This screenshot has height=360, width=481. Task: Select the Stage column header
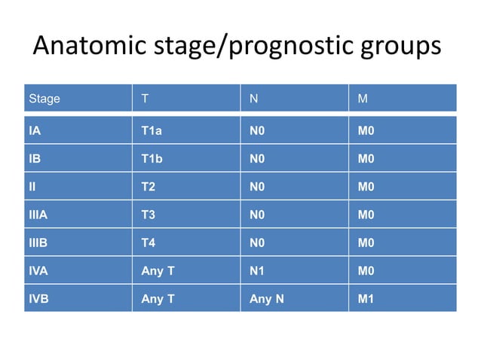click(44, 99)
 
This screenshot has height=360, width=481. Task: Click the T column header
click(146, 99)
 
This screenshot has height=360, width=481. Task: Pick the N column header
click(254, 99)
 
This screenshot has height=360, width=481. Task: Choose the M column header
click(363, 99)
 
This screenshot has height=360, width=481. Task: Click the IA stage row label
click(35, 131)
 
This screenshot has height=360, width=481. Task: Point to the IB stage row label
click(35, 159)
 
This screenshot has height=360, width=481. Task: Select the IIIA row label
click(38, 215)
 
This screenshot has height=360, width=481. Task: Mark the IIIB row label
click(38, 243)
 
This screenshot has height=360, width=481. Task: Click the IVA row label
click(38, 270)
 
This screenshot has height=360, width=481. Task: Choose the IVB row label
click(38, 298)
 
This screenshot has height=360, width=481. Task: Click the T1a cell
click(152, 131)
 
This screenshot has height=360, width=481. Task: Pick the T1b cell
click(152, 159)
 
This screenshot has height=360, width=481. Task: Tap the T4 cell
click(149, 243)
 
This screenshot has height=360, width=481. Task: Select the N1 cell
click(257, 270)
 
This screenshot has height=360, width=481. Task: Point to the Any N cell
click(266, 298)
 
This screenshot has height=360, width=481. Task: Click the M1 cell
click(366, 298)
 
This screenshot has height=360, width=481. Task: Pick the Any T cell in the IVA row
click(158, 270)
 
